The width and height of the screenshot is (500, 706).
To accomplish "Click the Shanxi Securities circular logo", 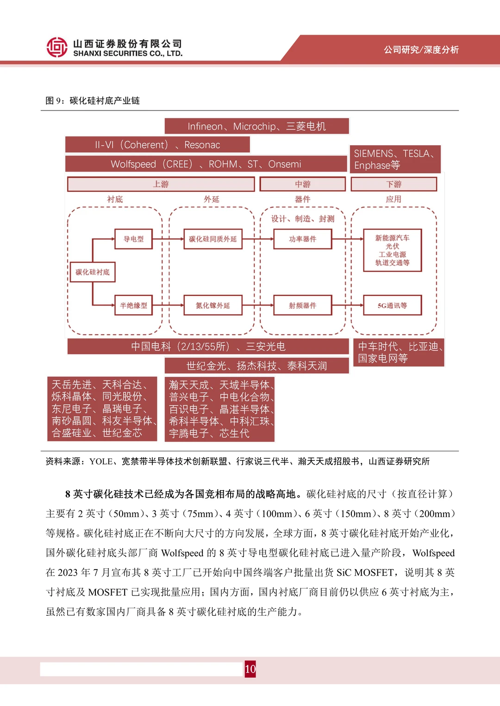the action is click(x=57, y=47).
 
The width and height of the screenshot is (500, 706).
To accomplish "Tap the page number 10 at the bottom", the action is click(x=250, y=669).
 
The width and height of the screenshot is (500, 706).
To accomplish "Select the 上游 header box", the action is click(x=161, y=184).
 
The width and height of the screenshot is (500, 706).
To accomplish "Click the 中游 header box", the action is click(x=302, y=184).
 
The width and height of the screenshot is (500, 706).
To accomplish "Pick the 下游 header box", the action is click(x=394, y=184).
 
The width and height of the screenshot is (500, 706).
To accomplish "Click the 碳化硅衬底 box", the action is click(x=93, y=272).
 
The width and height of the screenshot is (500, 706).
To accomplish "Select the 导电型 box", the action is click(x=133, y=239).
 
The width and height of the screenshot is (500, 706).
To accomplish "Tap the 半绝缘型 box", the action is click(x=133, y=305).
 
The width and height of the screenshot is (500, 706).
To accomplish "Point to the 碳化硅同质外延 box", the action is click(x=212, y=239).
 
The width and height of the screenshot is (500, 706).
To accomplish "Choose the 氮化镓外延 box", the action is click(x=212, y=305).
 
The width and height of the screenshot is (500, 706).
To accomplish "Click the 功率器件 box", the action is click(x=302, y=239).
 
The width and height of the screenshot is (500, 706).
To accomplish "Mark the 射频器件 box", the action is click(x=302, y=305).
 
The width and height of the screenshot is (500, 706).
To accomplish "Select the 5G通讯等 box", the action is click(x=392, y=305).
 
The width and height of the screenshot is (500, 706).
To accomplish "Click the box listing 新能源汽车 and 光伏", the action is click(x=392, y=250).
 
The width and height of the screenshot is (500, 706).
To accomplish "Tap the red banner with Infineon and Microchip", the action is click(x=256, y=126).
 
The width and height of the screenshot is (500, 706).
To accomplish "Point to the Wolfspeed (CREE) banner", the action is click(x=206, y=164).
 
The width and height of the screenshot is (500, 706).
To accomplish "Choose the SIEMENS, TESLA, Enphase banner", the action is click(x=395, y=159).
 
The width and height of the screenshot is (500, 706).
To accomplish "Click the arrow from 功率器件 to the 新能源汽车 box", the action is click(x=347, y=239).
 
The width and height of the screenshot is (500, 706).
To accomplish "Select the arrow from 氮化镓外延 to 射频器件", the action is click(x=257, y=305).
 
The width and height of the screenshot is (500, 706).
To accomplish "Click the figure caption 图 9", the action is click(x=93, y=101).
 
